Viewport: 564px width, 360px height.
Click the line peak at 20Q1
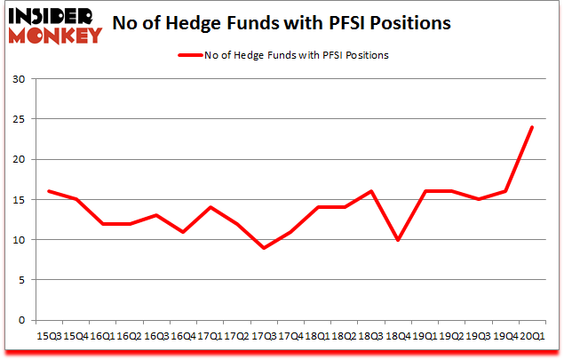531,127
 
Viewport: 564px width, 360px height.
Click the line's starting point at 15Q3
49,191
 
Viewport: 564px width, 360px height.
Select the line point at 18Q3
370,191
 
